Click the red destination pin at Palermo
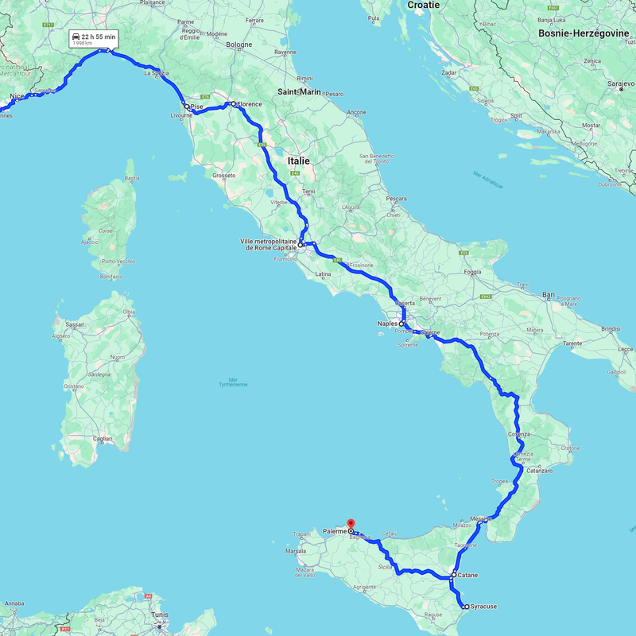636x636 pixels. [351, 524]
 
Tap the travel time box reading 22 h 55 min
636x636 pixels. [95, 40]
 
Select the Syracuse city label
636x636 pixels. [483, 607]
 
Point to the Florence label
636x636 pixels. [250, 103]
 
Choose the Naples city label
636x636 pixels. [387, 324]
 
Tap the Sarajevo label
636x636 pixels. [619, 83]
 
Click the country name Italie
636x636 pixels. [300, 161]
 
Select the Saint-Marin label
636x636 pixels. [298, 92]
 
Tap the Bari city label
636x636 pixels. [548, 295]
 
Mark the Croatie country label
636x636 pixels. [423, 5]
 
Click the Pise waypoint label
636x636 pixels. [197, 107]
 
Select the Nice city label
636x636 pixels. [17, 97]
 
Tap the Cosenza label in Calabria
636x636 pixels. [518, 434]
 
